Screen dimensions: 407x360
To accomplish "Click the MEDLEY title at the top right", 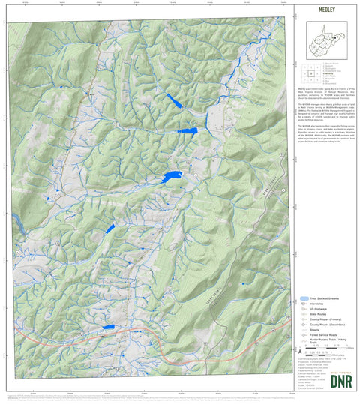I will [325, 11].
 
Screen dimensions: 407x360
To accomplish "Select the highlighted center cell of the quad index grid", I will [310, 75].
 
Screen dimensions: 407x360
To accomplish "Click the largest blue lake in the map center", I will [173, 176].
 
